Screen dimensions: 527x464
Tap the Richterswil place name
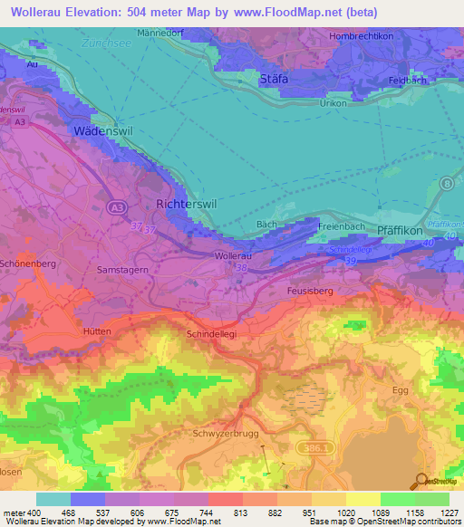pos(186,205)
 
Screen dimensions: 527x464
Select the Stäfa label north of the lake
pos(274,79)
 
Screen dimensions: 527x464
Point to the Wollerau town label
pos(233,256)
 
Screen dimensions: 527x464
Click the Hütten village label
pos(96,331)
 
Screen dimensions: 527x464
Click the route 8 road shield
pos(447,183)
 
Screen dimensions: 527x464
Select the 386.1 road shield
pos(314,446)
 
